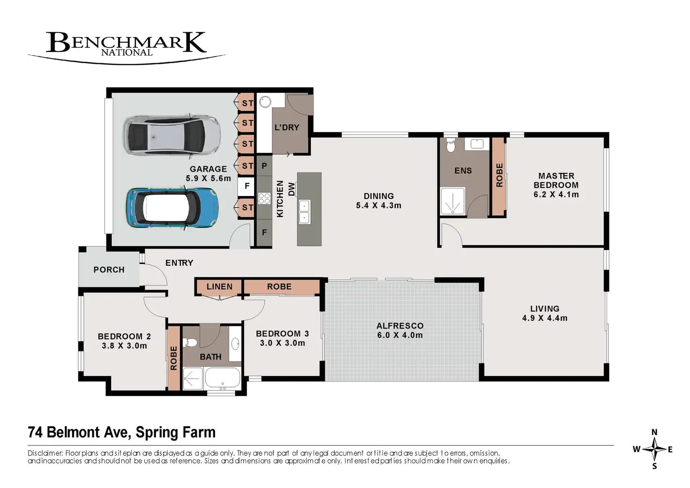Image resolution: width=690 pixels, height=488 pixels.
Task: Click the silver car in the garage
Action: (172, 135)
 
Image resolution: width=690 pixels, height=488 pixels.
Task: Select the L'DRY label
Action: (287, 127)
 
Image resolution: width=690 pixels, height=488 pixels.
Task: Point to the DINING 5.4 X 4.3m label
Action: (379, 201)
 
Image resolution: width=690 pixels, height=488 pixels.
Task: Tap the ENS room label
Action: (463, 171)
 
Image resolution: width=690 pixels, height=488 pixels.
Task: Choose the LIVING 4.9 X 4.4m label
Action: (545, 313)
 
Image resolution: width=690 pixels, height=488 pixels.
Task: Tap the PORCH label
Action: (109, 270)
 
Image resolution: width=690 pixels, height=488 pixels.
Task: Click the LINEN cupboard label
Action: (219, 286)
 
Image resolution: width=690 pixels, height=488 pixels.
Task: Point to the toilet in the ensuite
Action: (450, 145)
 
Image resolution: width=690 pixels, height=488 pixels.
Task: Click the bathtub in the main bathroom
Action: (222, 379)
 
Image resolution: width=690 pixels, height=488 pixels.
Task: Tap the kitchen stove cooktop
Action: (264, 198)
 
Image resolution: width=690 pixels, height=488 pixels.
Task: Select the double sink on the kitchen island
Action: (304, 211)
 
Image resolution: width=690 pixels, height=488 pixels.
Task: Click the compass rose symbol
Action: (654, 450)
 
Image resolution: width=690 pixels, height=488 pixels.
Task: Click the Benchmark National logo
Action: (127, 47)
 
